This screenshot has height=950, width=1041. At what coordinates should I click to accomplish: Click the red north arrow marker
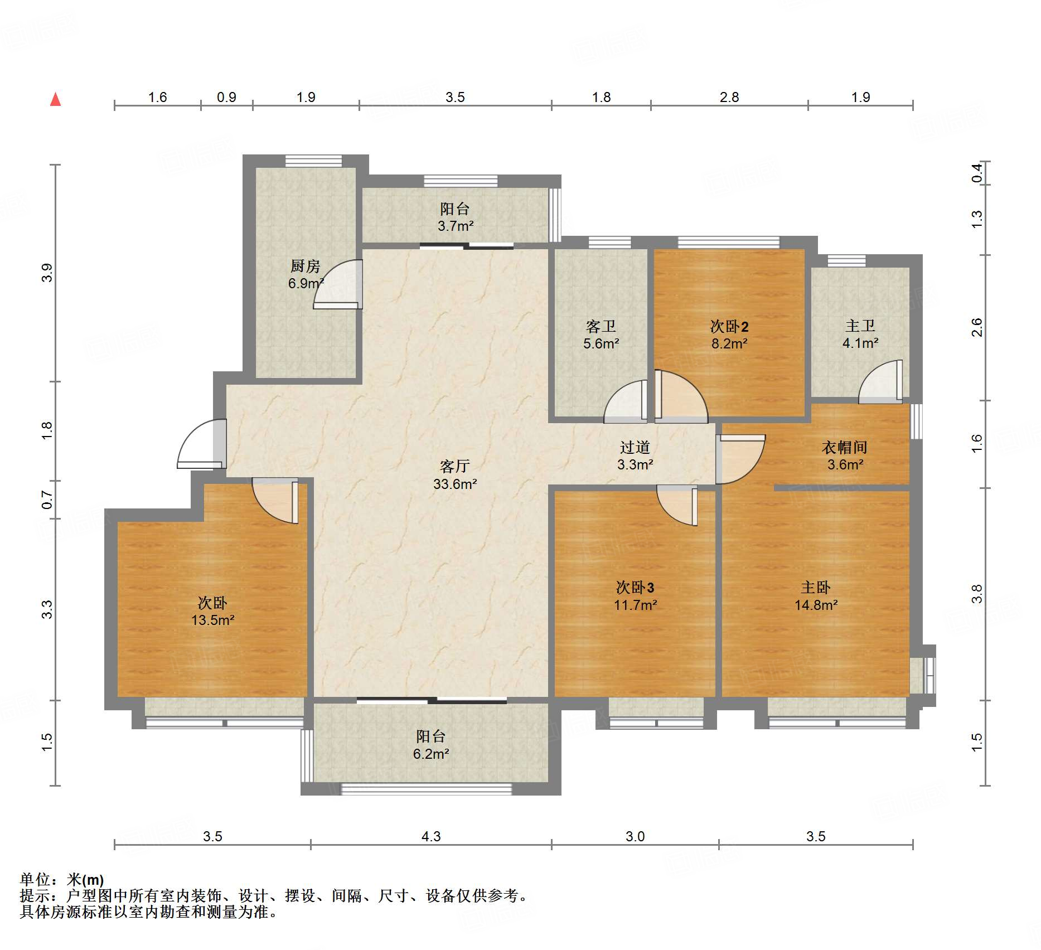pos(55,99)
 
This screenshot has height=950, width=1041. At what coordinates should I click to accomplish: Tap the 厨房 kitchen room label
pos(305,266)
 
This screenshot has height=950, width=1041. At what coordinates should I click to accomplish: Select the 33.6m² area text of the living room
pos(455,484)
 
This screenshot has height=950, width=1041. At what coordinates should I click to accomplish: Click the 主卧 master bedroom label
pos(816,587)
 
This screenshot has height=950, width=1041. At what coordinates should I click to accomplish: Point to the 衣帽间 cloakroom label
pos(845,447)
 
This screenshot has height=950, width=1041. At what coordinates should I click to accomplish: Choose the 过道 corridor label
pos(635,447)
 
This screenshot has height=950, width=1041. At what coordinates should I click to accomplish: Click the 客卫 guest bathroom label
pos(601,326)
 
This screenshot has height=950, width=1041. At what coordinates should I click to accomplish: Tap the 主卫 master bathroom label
pos(860,326)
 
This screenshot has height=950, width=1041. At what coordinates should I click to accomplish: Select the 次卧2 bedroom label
pos(729,326)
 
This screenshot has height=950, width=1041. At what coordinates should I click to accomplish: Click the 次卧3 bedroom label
pos(635,587)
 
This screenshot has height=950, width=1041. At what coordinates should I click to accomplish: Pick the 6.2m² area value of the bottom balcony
pos(431,754)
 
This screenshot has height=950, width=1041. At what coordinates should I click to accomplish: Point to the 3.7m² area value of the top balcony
pos(456,226)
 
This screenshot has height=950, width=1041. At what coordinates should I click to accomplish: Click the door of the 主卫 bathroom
pos(880,382)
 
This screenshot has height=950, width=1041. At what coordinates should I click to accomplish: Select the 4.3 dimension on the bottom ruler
pos(431,836)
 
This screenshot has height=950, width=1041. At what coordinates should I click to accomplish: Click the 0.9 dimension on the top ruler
pos(226,97)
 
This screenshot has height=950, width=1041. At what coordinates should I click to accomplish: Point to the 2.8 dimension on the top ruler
pos(729,97)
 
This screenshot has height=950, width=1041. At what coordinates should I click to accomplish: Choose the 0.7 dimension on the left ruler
pos(47,500)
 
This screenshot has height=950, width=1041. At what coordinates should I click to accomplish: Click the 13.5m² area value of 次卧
pos(212,620)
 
